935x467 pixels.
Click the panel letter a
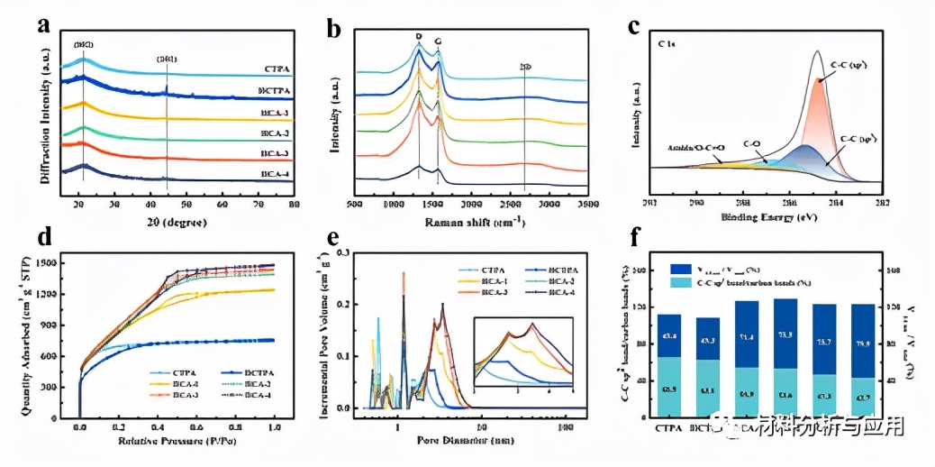(x=43, y=25)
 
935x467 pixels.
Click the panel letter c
(x=634, y=26)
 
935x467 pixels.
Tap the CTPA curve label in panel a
(x=277, y=69)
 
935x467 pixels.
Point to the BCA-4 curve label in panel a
(x=276, y=173)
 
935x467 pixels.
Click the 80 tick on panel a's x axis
(x=294, y=206)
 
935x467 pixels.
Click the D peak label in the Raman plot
(x=418, y=37)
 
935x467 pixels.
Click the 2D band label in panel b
(x=525, y=67)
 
